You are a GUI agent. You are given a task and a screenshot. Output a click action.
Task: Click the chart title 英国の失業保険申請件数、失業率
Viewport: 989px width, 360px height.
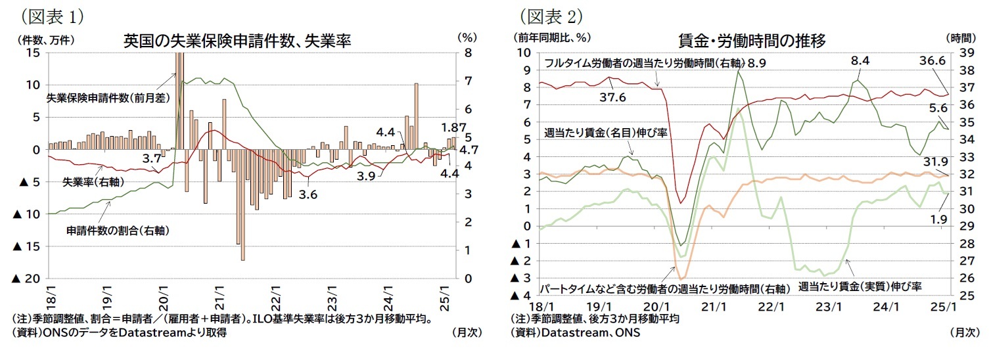[x=237, y=41]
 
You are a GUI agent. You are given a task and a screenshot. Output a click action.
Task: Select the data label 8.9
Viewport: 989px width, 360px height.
[x=756, y=64]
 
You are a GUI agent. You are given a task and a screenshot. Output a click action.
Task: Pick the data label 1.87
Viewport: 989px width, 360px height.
[x=453, y=128]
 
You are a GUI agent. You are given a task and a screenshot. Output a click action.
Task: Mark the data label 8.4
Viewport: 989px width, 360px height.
[x=860, y=60]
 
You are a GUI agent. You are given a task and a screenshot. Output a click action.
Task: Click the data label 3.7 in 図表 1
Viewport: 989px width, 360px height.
[x=152, y=158]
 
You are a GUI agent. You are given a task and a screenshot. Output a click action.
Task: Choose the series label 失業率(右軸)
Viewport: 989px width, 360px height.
[x=93, y=181]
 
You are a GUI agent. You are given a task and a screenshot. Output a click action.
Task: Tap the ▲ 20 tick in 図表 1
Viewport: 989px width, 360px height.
[x=26, y=279]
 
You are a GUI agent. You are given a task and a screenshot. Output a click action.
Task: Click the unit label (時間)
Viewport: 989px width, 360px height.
[x=962, y=37]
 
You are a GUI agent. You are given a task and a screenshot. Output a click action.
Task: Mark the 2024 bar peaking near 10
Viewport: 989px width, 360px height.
[x=417, y=116]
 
